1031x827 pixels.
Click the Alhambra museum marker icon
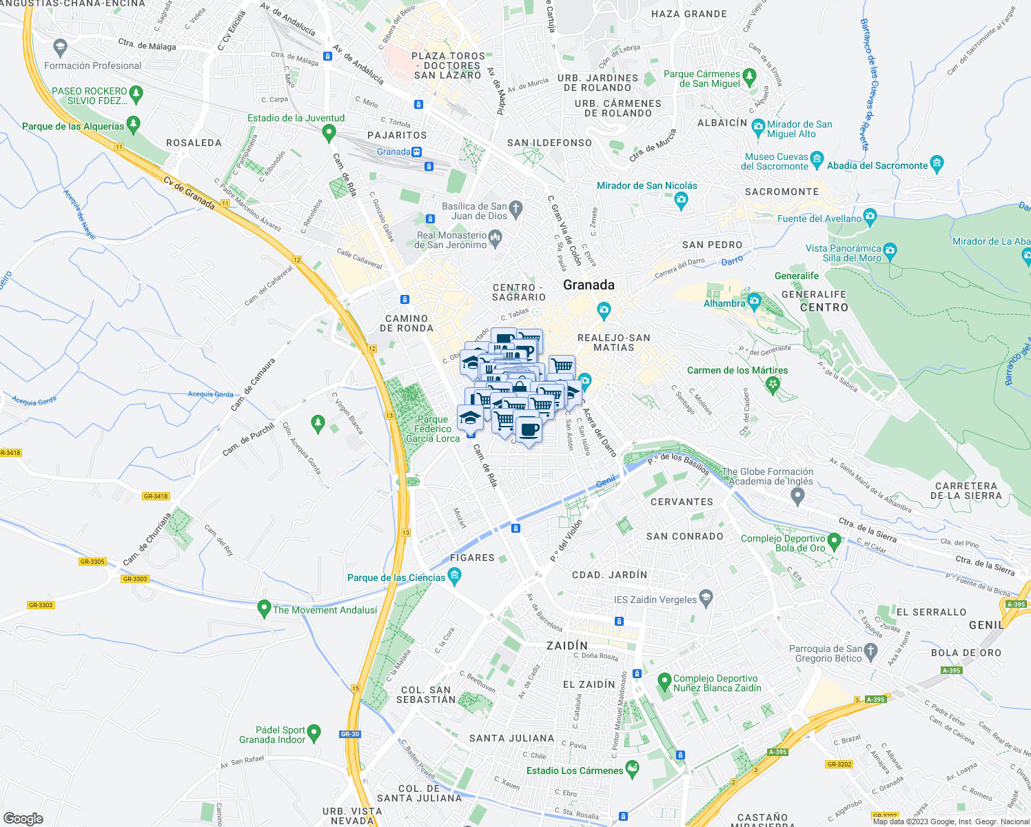tap(754, 301)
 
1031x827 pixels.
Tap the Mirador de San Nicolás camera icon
tap(682, 200)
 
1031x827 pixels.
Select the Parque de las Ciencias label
tap(396, 578)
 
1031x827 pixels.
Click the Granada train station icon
tap(417, 152)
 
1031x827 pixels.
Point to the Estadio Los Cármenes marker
tap(632, 769)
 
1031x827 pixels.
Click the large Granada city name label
tap(589, 285)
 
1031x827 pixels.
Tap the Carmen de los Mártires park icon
tap(773, 384)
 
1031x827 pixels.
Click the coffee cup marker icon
tap(529, 429)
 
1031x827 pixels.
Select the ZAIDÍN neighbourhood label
tap(567, 646)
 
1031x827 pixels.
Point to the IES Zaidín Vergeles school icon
tap(706, 598)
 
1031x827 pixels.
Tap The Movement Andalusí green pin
tap(263, 609)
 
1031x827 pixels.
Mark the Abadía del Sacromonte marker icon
tap(937, 164)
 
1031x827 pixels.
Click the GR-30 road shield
tap(350, 734)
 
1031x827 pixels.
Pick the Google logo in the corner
tap(23, 819)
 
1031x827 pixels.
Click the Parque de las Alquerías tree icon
tap(134, 125)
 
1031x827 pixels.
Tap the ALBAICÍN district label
tap(722, 123)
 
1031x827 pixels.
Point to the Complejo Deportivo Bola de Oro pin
tap(835, 542)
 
